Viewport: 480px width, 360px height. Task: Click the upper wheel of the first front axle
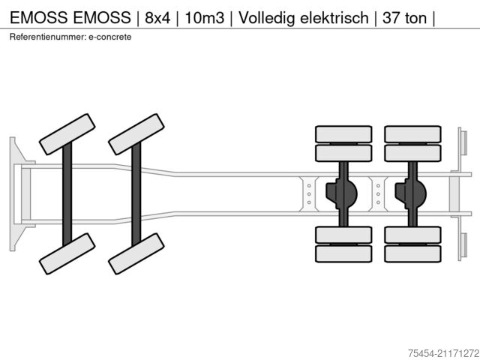(66, 133)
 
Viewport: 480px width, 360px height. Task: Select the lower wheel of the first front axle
(66, 253)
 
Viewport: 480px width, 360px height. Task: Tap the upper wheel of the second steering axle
(136, 133)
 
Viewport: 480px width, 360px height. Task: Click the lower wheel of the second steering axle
(136, 253)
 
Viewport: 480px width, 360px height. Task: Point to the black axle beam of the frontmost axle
(67, 193)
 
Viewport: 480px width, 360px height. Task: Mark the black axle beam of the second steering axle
(136, 193)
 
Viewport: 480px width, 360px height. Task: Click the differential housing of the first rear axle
(342, 193)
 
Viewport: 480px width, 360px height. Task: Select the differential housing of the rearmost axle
(411, 193)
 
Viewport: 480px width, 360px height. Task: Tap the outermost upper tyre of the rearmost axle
(412, 133)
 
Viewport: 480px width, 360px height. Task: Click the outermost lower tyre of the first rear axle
(343, 253)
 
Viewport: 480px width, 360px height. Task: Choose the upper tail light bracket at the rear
(463, 142)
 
